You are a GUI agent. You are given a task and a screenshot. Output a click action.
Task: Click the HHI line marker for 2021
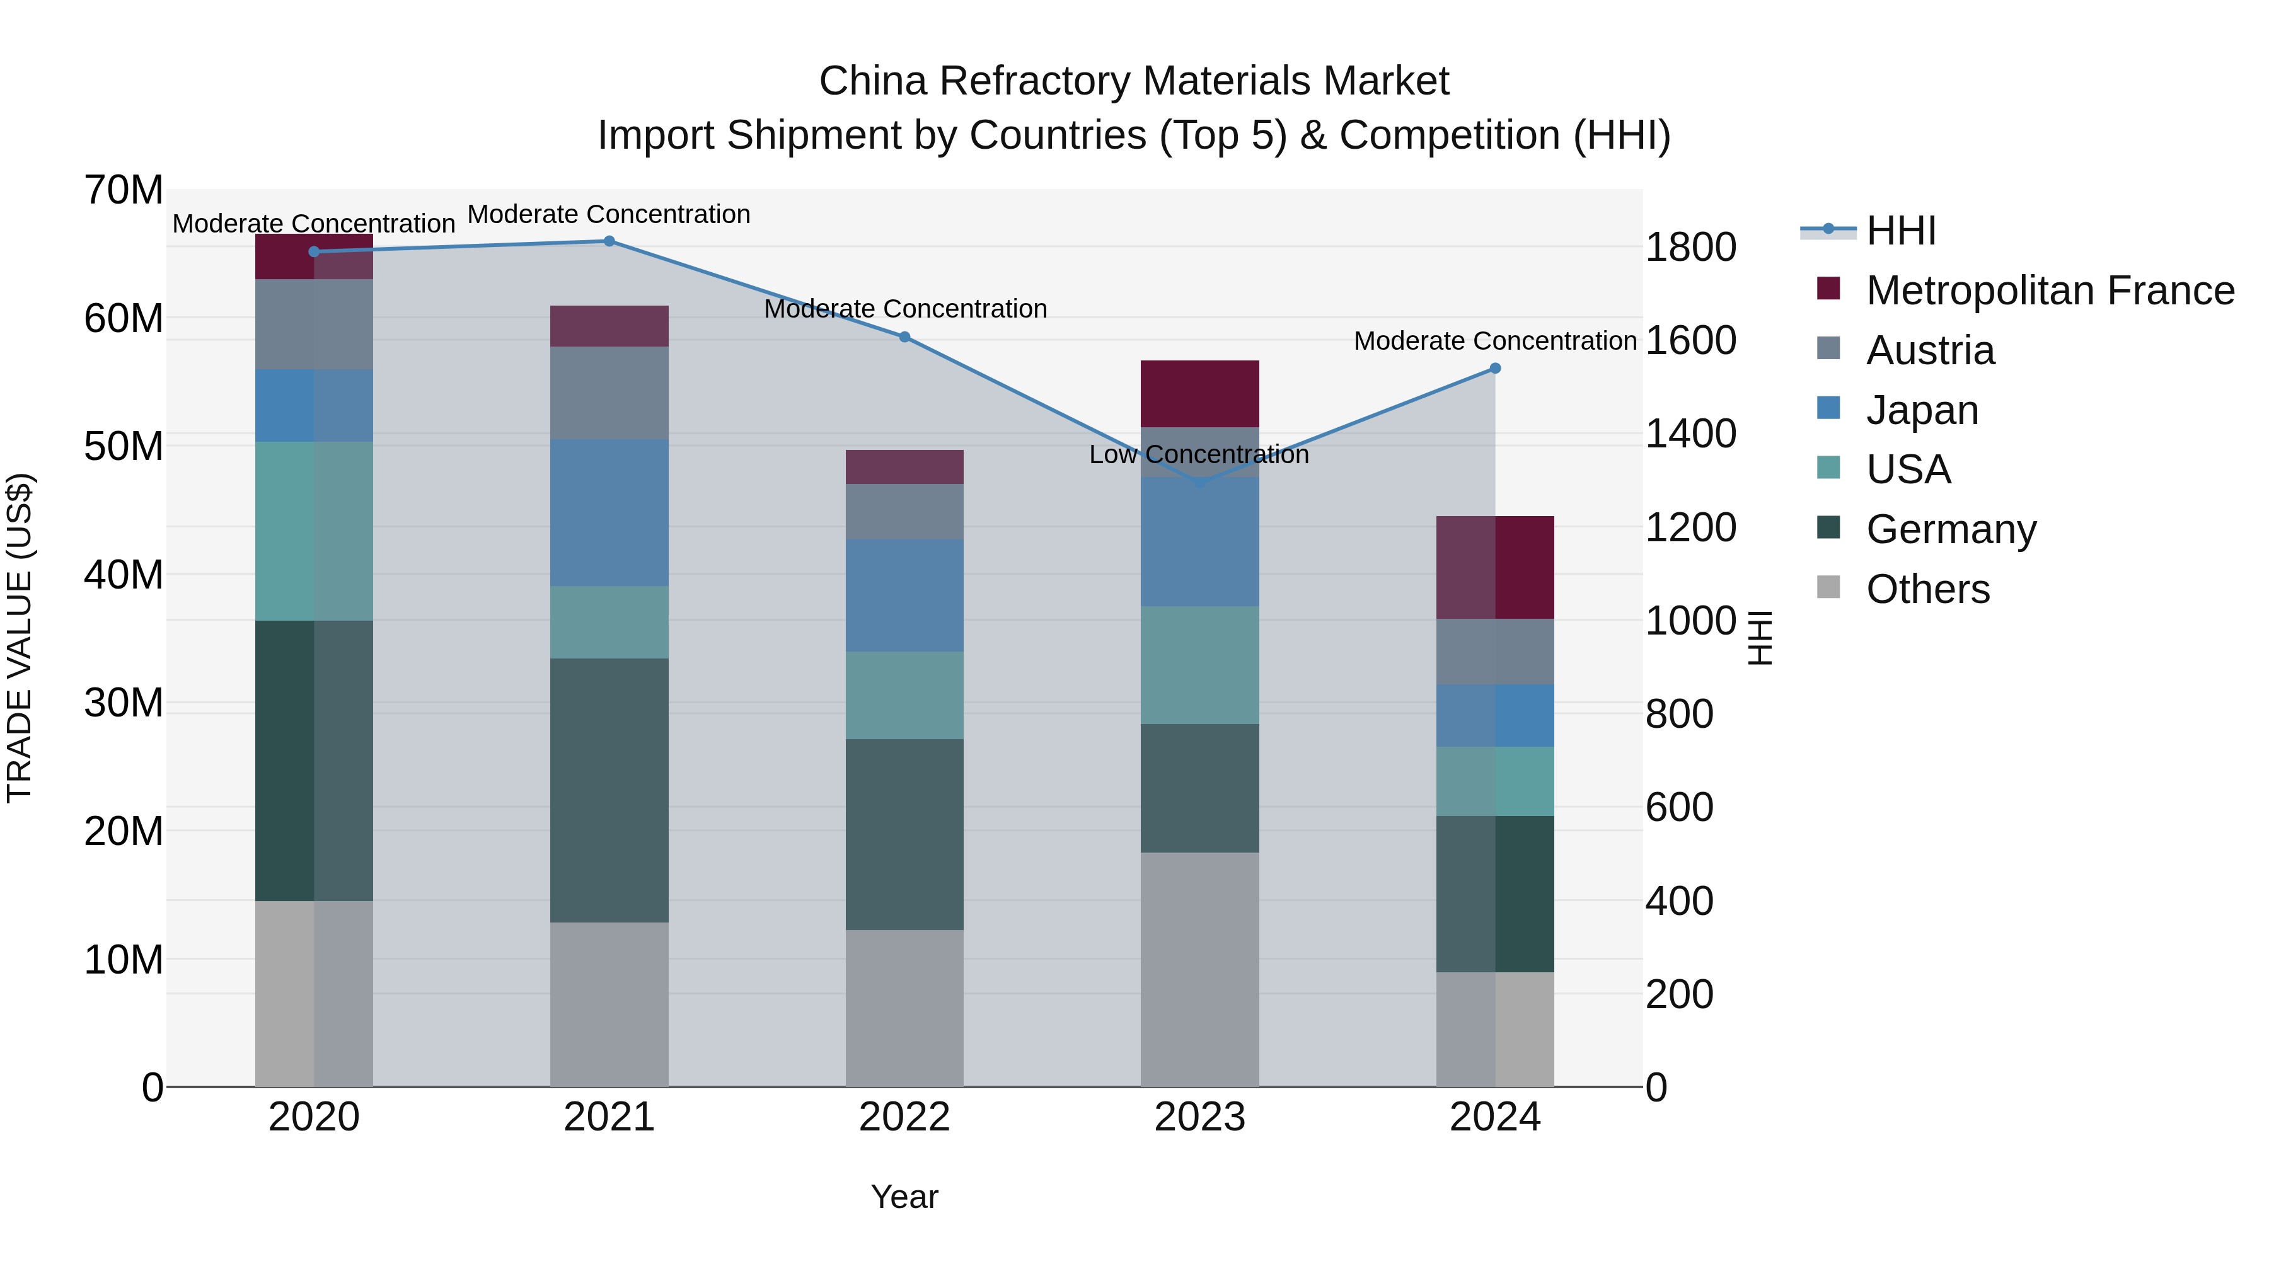point(609,241)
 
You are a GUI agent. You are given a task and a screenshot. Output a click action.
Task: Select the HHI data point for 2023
point(1199,483)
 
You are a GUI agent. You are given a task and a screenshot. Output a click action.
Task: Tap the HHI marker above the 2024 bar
point(1495,368)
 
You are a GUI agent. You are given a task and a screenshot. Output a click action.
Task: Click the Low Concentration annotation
point(1199,454)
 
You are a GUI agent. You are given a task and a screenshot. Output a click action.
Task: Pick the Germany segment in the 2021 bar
point(609,790)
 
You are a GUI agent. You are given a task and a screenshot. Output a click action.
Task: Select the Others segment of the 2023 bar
point(1199,968)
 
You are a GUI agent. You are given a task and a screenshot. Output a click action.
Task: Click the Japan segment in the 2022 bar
point(904,595)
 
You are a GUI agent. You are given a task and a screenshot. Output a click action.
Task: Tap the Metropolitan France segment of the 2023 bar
point(1199,394)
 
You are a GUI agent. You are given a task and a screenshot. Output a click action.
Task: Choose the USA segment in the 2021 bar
point(609,622)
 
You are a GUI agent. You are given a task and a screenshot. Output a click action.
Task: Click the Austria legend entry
point(1929,350)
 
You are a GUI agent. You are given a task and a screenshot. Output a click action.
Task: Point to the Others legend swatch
point(1828,587)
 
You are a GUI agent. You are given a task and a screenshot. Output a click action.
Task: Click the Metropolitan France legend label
point(2050,290)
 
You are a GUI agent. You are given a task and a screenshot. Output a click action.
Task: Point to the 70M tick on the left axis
point(124,190)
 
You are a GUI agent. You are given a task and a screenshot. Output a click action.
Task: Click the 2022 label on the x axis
point(904,1117)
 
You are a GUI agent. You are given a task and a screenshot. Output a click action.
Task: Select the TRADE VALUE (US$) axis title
point(20,638)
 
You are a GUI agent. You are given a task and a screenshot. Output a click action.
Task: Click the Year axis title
point(904,1197)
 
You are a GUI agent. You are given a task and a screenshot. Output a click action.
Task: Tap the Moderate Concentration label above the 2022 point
point(904,309)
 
